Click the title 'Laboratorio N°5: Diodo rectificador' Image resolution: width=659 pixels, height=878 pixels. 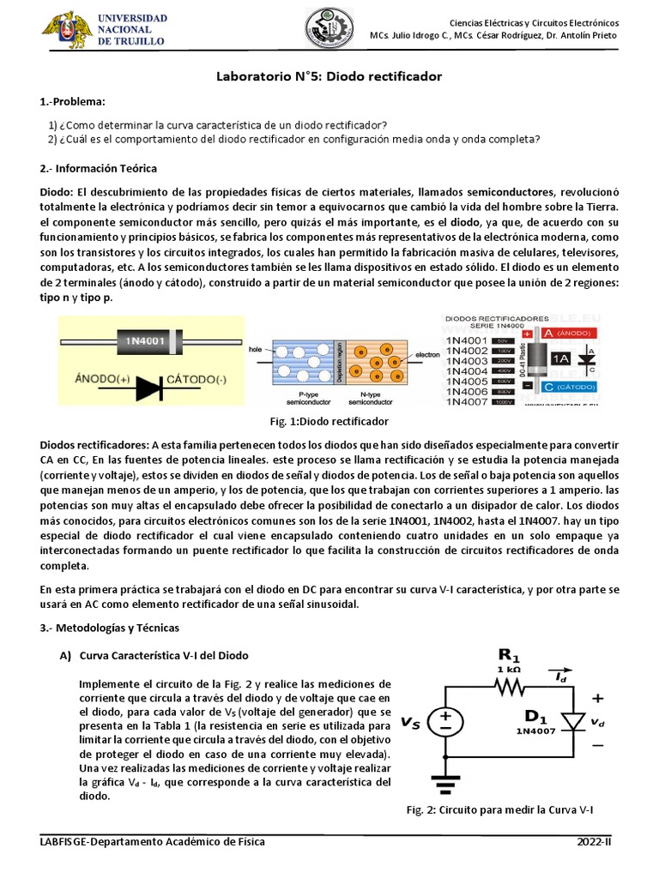point(329,76)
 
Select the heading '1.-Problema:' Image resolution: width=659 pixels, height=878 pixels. point(73,102)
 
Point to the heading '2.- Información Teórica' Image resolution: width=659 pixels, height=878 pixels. point(99,168)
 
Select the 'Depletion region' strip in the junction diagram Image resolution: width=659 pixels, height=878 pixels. point(339,361)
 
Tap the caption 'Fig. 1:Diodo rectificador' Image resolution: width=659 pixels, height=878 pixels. point(329,421)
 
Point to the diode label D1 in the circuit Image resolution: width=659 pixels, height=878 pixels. point(535,716)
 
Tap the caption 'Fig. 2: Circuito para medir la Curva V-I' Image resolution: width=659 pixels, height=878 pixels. point(499,810)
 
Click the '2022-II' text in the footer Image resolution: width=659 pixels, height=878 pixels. point(596,842)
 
